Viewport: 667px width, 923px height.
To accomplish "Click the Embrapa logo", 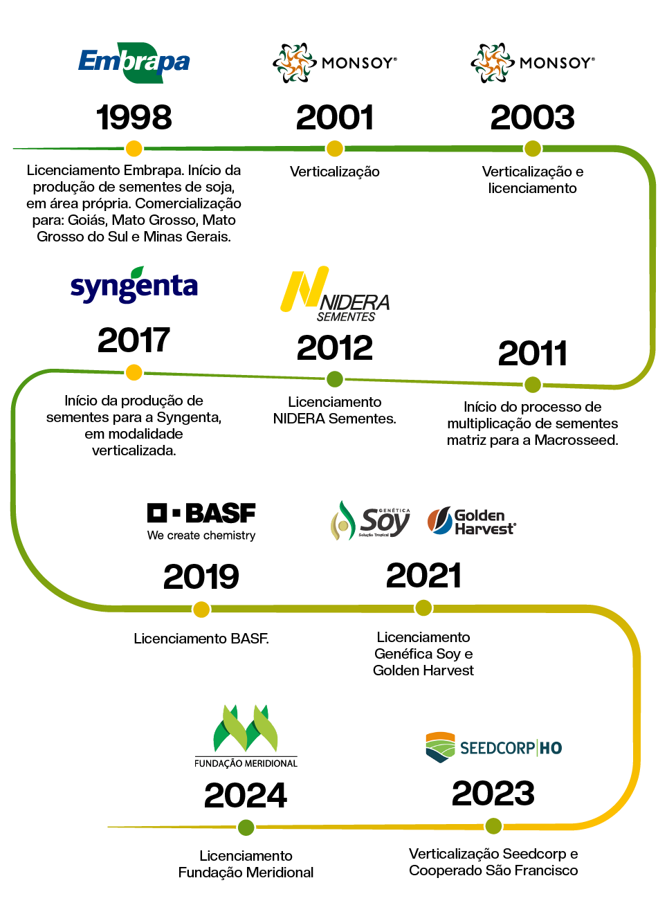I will [134, 63].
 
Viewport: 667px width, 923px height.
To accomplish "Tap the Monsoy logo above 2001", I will [335, 63].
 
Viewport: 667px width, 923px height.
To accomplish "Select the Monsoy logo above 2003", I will [532, 63].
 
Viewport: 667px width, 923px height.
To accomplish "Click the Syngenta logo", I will [134, 285].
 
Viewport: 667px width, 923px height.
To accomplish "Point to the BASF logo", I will [201, 520].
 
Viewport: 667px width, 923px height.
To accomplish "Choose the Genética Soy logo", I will [371, 521].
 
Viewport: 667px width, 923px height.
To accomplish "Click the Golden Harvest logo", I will [472, 522].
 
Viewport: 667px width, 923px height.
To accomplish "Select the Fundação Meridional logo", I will [246, 737].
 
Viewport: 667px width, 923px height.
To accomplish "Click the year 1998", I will [134, 118].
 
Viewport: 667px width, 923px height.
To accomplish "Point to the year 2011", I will [533, 354].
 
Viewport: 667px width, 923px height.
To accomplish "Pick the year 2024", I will [246, 796].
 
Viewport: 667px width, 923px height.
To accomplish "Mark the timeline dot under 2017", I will [134, 372].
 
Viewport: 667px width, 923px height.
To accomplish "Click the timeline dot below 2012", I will [335, 378].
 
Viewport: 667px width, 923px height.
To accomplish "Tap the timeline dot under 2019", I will [201, 610].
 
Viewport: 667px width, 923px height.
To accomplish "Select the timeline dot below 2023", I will [493, 825].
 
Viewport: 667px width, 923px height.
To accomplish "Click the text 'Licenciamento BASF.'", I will [201, 639].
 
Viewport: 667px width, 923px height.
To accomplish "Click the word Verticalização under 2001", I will [335, 172].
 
